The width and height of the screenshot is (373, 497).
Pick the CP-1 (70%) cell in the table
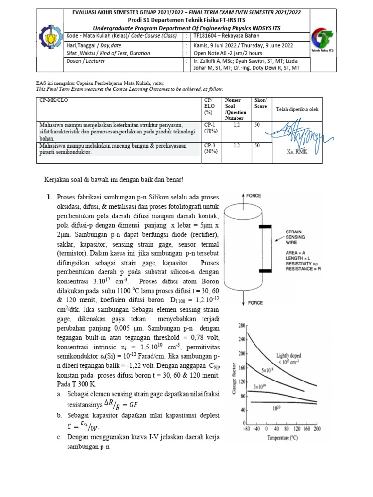click(x=210, y=128)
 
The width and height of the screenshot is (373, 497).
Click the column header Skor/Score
click(x=261, y=103)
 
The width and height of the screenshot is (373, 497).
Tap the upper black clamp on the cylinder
click(x=265, y=226)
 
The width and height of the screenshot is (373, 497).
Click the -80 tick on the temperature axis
click(x=246, y=428)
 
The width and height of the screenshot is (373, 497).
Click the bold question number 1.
click(x=49, y=197)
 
